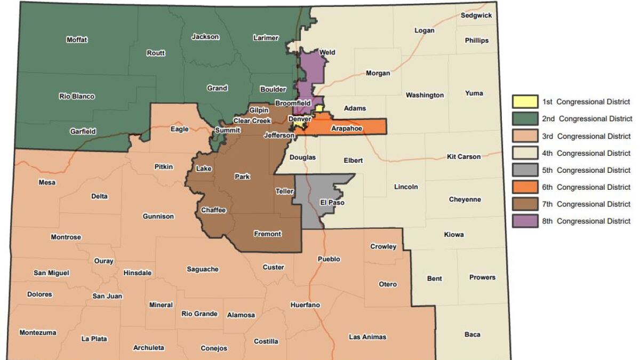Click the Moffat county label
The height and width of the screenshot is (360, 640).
click(77, 40)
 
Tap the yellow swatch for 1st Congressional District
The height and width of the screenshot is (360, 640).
click(525, 101)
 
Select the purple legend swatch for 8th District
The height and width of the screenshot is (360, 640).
click(525, 221)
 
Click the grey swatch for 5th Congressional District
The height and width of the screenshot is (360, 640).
click(525, 170)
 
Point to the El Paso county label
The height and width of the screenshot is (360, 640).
click(332, 203)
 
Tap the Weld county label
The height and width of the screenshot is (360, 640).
click(327, 52)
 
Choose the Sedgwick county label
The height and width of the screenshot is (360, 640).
click(476, 15)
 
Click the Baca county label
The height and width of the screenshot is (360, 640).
click(472, 334)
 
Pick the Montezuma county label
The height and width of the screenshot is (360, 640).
click(37, 332)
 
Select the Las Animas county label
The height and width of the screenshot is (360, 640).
click(367, 337)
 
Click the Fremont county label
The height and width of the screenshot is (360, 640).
click(267, 234)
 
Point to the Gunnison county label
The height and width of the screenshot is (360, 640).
click(158, 216)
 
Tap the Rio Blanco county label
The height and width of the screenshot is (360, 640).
click(77, 97)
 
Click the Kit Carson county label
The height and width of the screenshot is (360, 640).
click(463, 157)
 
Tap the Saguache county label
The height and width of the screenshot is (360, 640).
click(203, 269)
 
